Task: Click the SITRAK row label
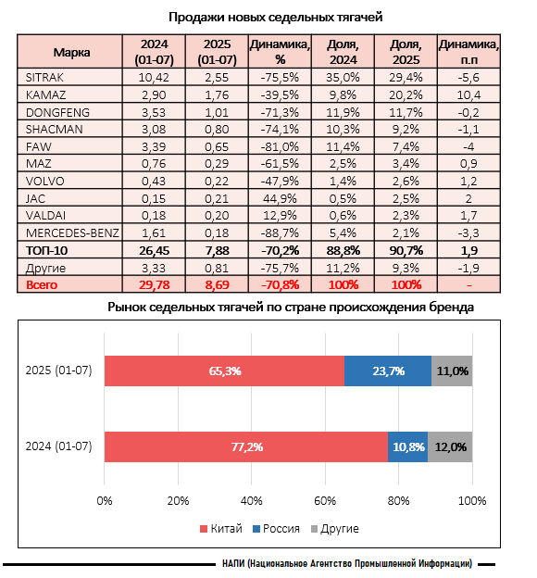click(44, 78)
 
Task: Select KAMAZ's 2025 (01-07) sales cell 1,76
click(217, 95)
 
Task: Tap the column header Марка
click(71, 53)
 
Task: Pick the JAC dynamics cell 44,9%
click(280, 198)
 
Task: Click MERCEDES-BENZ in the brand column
click(72, 233)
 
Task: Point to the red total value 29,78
click(154, 285)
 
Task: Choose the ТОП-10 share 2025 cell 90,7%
click(406, 251)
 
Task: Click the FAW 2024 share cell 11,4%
click(343, 146)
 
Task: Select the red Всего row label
click(42, 285)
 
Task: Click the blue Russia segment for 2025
click(388, 371)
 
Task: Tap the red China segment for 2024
click(246, 446)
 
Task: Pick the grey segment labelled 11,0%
click(452, 371)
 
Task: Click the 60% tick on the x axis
click(325, 500)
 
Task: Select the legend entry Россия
click(276, 529)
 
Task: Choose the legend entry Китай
click(220, 529)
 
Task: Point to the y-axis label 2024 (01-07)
click(58, 446)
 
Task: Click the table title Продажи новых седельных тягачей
click(276, 18)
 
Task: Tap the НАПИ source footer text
click(347, 563)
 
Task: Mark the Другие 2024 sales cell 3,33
click(154, 268)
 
